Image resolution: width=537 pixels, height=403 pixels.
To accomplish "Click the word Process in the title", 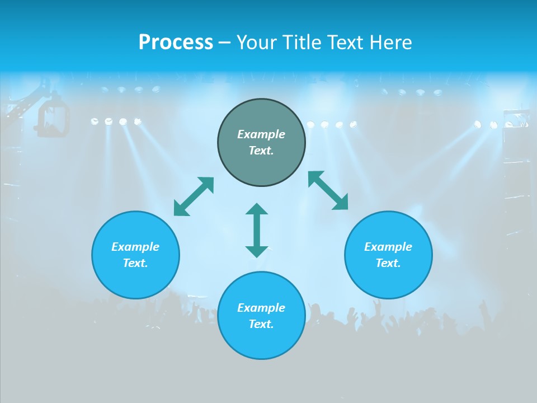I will [176, 43].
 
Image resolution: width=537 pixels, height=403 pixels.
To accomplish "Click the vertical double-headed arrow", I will [257, 230].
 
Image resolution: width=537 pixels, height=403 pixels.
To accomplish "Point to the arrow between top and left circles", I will [194, 196].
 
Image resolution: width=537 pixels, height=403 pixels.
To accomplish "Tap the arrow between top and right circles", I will [328, 190].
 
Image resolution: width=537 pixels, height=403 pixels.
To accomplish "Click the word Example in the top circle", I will [261, 134].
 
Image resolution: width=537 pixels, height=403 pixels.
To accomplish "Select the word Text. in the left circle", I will [135, 263].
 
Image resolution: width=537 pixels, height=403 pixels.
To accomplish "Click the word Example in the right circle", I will [388, 247].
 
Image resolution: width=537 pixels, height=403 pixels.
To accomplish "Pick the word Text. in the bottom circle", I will [261, 324].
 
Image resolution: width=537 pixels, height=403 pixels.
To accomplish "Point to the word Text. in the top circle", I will [261, 151].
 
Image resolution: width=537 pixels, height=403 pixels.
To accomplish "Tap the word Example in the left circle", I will [135, 247].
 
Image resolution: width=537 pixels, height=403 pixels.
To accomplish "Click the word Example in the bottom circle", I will [261, 308].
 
